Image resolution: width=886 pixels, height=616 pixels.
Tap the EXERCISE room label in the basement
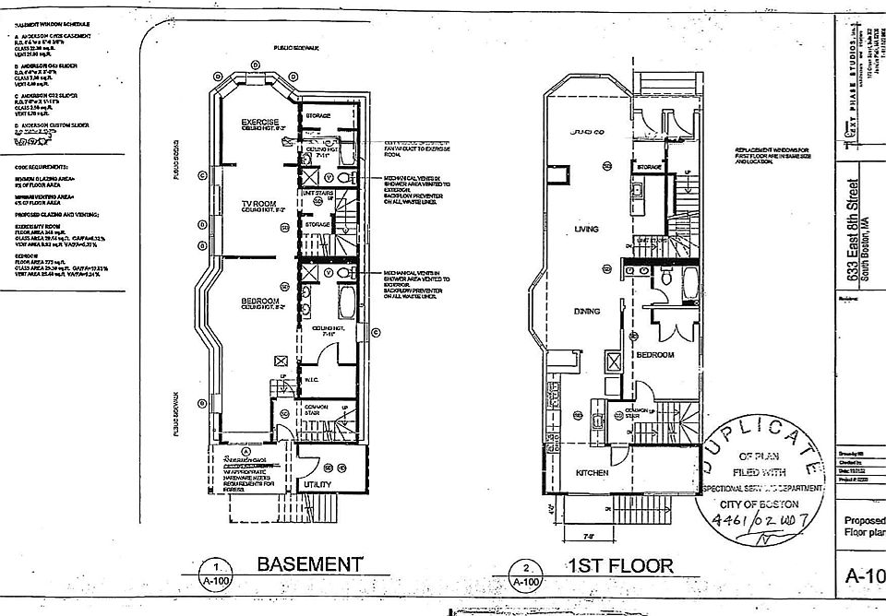(259, 122)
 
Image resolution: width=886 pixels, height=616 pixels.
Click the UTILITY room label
(317, 483)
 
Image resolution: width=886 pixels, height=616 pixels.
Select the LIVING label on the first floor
(586, 229)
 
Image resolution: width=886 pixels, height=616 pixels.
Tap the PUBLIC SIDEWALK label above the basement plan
(295, 46)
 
